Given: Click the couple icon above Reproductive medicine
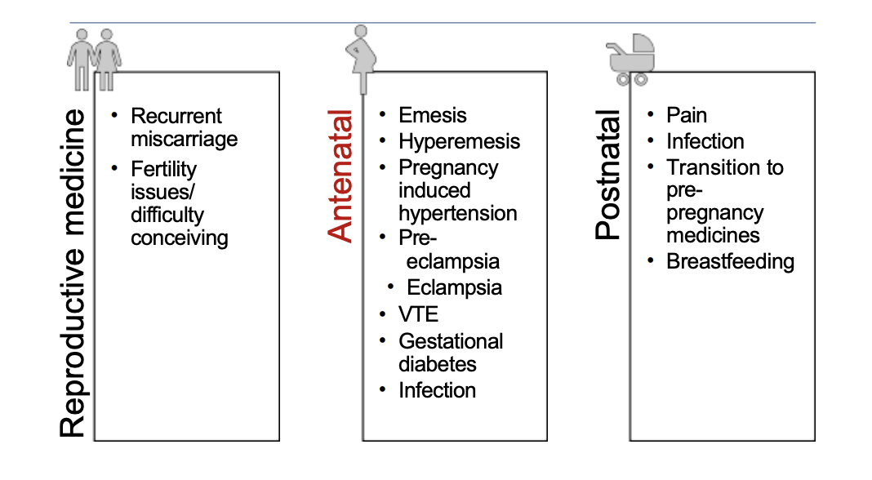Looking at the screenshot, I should [x=95, y=59].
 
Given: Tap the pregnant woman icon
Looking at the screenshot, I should [x=363, y=59].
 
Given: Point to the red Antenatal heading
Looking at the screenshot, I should [x=341, y=177].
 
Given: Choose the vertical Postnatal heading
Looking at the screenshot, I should [x=608, y=176].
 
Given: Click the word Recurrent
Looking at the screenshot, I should [x=176, y=116].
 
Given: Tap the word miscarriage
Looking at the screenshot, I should [x=185, y=139].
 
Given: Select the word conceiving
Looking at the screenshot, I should [x=180, y=238].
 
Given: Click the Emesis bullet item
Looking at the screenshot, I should [x=433, y=116].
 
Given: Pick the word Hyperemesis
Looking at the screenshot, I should [x=459, y=141].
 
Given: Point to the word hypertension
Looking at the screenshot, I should [x=457, y=213].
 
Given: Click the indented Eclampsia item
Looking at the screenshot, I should [x=454, y=287].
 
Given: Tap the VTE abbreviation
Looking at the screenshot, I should [x=418, y=314].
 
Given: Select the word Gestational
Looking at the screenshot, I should [x=451, y=341].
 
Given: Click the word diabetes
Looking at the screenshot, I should [x=438, y=364].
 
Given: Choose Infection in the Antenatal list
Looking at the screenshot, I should [x=437, y=390].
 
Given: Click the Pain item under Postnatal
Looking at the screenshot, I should [x=687, y=116].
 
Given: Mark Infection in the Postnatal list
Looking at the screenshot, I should [x=705, y=141].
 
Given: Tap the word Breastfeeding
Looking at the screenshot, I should [x=730, y=261].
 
